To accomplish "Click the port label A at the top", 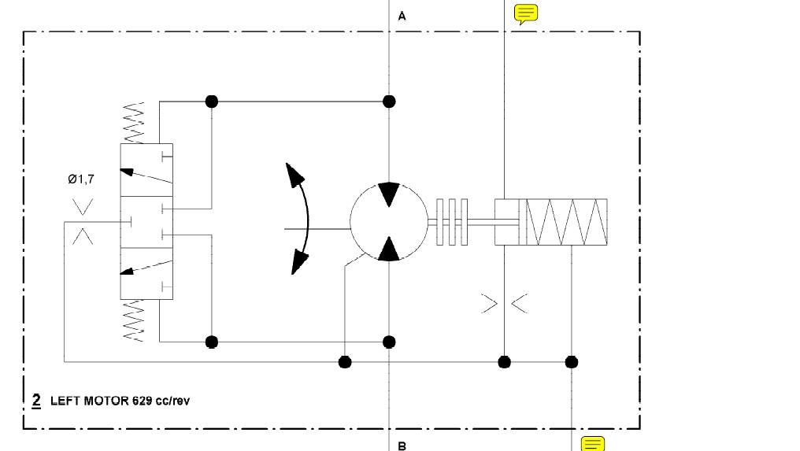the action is click(402, 16).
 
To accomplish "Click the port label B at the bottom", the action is click(402, 445).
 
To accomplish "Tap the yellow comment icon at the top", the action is click(525, 14).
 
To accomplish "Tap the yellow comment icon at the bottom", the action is click(593, 444).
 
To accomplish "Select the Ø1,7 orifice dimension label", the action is click(80, 179).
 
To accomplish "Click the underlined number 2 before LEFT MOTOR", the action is click(36, 400).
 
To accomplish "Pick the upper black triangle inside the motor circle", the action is click(388, 194).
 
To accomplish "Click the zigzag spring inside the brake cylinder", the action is click(565, 222).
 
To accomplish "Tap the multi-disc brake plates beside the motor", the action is click(453, 222).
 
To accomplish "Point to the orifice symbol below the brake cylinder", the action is click(504, 303).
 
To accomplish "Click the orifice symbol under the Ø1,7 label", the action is click(83, 222).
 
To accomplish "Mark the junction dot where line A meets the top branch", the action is click(388, 102).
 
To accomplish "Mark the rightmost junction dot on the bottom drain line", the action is click(572, 362).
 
